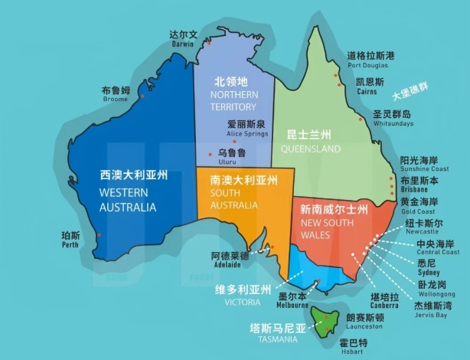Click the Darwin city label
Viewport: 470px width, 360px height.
click(184, 38)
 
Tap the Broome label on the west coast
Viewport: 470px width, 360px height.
click(116, 94)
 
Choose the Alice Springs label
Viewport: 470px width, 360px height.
click(246, 127)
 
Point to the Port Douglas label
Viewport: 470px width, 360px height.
click(370, 60)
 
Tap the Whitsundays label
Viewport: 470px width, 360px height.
click(393, 118)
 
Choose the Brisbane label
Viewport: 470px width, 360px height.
click(419, 185)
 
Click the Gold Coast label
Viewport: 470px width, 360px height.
click(420, 205)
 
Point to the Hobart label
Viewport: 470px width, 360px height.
click(352, 347)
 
